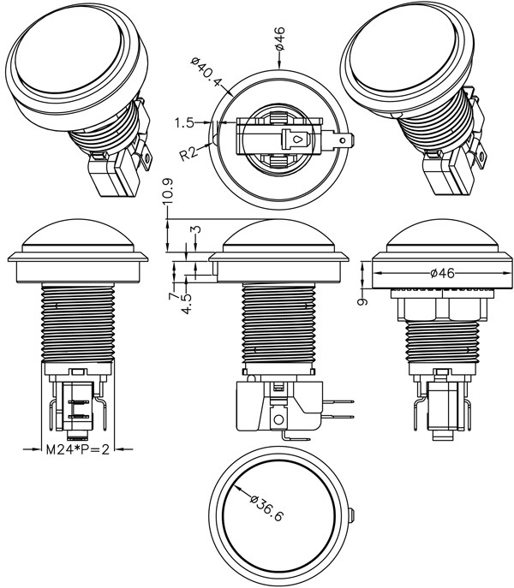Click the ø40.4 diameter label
pos(206,74)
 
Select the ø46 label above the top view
pos(280,41)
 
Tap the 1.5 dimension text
pos(185,123)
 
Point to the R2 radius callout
pos(190,154)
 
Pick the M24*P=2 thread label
pos(77,448)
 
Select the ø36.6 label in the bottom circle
pos(266,510)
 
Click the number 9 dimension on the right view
pos(363,301)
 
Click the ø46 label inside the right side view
pos(440,273)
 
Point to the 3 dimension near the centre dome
pos(195,231)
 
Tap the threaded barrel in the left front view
pos(77,321)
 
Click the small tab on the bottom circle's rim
pos(354,514)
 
